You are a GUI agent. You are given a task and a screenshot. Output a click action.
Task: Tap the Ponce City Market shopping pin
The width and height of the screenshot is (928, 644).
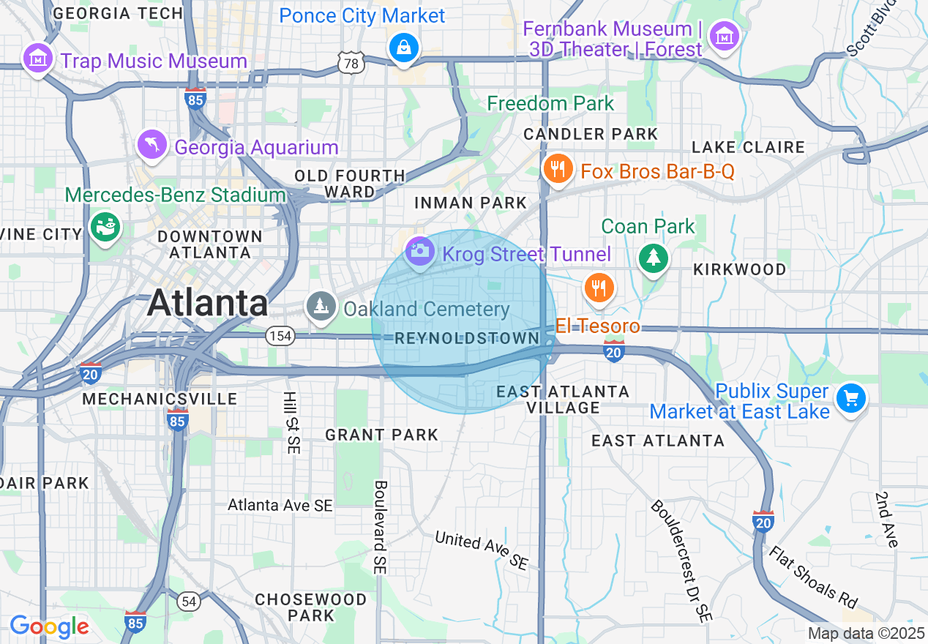(403, 48)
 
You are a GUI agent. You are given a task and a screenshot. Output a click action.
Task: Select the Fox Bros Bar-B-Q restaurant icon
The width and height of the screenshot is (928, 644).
(558, 168)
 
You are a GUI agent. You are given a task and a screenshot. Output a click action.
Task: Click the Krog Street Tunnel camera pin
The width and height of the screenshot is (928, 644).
(419, 251)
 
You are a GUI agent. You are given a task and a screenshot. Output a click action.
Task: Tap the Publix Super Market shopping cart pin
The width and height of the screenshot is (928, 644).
(850, 398)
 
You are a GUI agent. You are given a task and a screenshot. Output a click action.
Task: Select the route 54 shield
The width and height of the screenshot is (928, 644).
(189, 601)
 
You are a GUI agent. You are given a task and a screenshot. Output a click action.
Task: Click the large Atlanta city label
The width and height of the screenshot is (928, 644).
(208, 303)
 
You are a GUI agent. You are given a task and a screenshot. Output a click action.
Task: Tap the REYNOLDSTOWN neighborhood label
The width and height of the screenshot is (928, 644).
(467, 338)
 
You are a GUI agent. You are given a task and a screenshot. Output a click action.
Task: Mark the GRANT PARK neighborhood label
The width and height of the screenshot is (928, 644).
(381, 435)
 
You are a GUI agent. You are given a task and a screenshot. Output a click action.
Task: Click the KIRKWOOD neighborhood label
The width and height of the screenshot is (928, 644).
(739, 269)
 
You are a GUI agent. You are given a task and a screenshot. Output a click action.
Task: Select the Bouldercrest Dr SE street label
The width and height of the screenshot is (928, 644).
(681, 561)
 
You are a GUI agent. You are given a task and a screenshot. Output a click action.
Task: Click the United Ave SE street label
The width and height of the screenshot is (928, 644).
(482, 550)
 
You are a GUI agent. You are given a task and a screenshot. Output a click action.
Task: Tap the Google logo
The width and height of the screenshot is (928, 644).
(49, 626)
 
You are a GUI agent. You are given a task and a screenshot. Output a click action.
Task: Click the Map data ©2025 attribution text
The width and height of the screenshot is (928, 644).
(866, 633)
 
